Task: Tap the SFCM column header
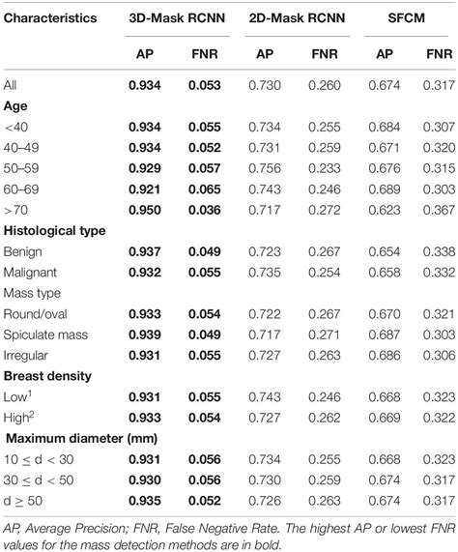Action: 407,17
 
